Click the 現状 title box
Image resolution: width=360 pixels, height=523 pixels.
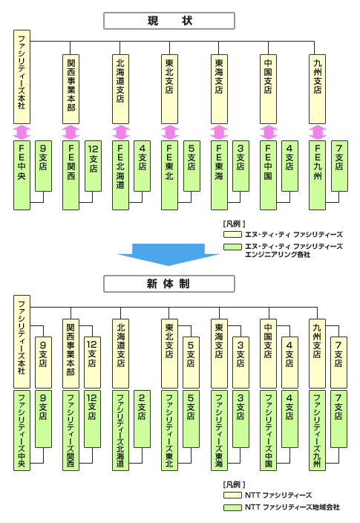(x=169, y=21)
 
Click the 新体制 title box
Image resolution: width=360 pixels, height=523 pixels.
(x=169, y=284)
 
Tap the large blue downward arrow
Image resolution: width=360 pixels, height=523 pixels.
(x=168, y=255)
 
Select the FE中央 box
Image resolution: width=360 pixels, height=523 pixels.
(x=22, y=175)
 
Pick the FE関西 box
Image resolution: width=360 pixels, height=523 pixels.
(x=71, y=175)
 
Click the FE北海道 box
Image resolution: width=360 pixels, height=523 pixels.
(x=120, y=175)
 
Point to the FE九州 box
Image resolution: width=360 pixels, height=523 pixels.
(x=317, y=175)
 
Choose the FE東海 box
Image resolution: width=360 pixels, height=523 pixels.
(x=219, y=175)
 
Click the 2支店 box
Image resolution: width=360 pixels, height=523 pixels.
(x=142, y=419)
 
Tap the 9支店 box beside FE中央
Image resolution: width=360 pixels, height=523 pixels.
(x=43, y=166)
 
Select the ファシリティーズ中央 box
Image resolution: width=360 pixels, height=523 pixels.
(x=22, y=430)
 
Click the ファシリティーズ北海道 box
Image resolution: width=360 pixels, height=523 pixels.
(x=120, y=430)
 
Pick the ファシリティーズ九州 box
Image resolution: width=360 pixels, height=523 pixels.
(x=317, y=430)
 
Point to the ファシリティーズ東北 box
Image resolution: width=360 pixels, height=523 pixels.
(x=169, y=430)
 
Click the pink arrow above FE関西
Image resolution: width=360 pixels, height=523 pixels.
(x=71, y=132)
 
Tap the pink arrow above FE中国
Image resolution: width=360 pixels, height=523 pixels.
(x=269, y=132)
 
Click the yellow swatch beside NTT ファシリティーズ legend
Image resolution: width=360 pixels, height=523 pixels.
(x=232, y=495)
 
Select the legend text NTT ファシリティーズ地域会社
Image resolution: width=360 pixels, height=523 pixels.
(x=292, y=507)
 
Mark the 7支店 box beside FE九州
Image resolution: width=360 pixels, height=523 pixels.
(x=339, y=166)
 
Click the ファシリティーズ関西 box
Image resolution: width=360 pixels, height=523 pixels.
(x=71, y=430)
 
